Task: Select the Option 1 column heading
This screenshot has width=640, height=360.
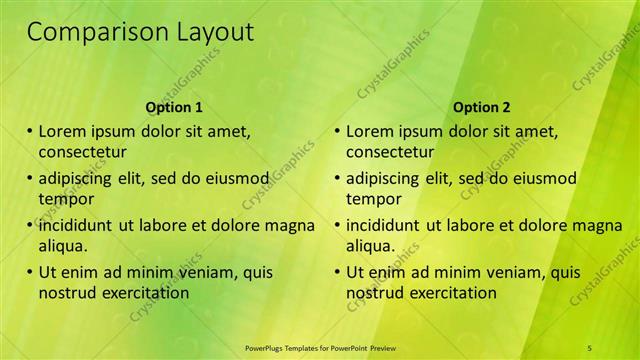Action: click(x=174, y=107)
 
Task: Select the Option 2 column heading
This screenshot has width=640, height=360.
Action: click(x=481, y=107)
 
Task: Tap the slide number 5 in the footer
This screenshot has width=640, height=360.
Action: click(x=590, y=347)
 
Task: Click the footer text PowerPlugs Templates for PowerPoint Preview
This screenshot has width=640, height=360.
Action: click(x=320, y=347)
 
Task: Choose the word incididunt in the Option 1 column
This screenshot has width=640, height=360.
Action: click(x=76, y=225)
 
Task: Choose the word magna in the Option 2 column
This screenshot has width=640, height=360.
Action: click(x=600, y=225)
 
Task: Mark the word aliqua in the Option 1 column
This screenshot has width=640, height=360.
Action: click(x=62, y=246)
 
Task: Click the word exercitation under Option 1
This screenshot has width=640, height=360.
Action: click(x=145, y=293)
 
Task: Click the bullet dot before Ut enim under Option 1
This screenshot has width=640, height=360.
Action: click(x=30, y=272)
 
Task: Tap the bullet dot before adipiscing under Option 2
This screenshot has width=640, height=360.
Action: click(x=337, y=178)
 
